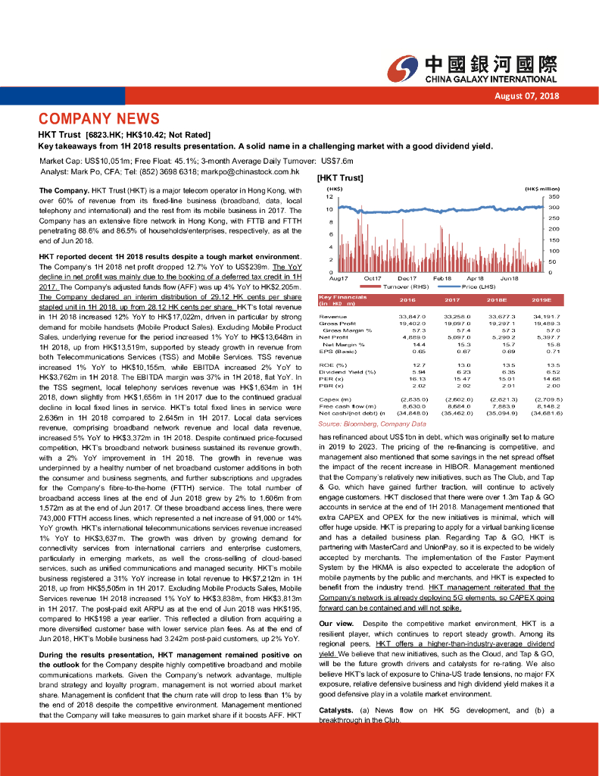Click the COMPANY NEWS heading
point(99,119)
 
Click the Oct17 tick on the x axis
point(373,279)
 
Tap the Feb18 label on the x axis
point(442,279)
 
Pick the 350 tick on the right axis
point(553,196)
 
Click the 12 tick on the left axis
point(329,196)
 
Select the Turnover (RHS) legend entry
point(406,287)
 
